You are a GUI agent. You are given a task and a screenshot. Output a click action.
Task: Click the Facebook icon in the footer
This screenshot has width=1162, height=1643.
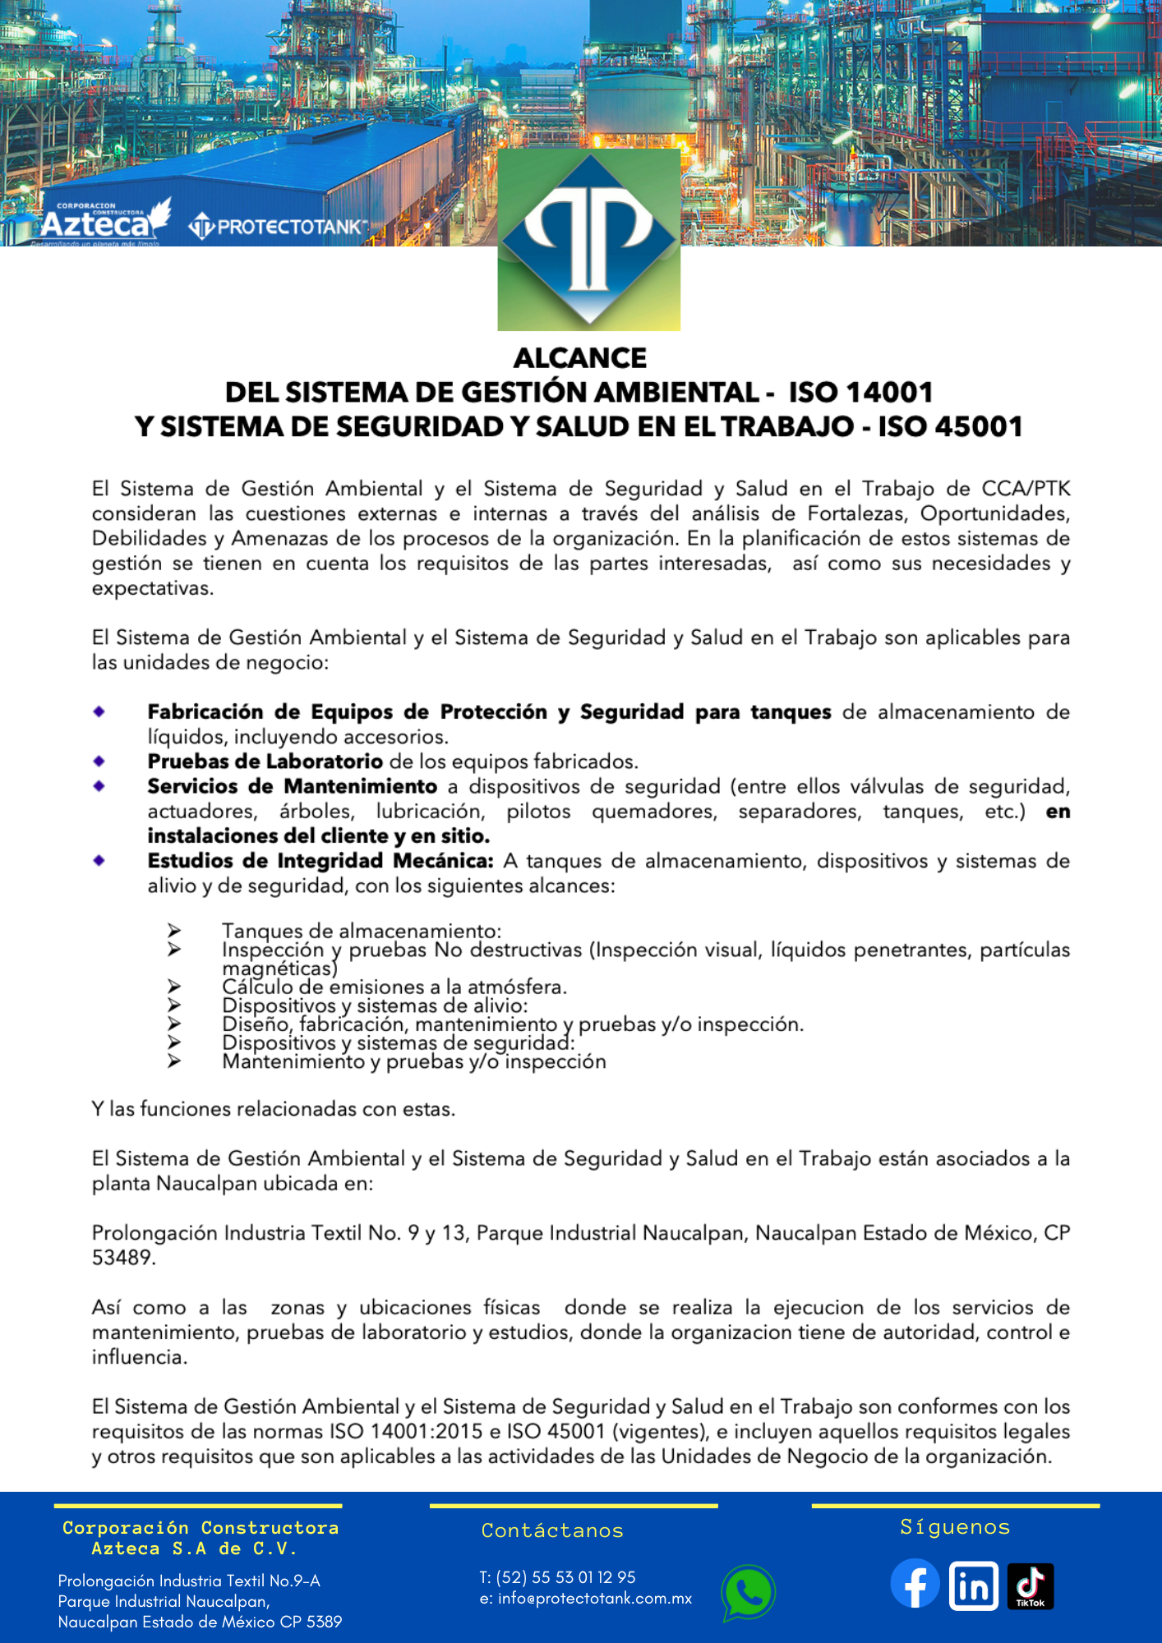click(915, 1584)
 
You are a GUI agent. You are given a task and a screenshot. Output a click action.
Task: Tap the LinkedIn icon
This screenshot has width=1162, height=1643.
click(973, 1585)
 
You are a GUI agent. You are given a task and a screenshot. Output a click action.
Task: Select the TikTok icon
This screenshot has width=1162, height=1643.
click(1031, 1585)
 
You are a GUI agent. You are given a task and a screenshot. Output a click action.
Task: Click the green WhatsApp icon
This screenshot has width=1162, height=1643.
click(748, 1592)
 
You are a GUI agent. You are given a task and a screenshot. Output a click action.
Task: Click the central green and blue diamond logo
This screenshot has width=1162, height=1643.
click(589, 239)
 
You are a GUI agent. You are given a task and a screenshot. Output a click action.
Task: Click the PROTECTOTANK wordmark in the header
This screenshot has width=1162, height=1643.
click(279, 227)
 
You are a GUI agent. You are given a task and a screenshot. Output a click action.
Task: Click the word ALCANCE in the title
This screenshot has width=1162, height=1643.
click(580, 358)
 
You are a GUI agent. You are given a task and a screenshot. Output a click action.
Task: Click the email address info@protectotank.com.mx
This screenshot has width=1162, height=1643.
click(594, 1599)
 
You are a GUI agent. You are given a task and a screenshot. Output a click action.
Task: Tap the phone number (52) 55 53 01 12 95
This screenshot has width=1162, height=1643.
click(566, 1577)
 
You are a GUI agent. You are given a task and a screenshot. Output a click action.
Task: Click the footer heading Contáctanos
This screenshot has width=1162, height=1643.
click(552, 1530)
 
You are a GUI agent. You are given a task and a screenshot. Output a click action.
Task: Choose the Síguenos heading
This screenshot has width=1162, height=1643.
click(955, 1527)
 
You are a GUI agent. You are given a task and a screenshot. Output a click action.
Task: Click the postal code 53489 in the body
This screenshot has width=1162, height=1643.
click(122, 1258)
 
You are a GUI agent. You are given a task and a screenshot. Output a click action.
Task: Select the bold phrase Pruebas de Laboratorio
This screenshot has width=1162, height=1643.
click(265, 762)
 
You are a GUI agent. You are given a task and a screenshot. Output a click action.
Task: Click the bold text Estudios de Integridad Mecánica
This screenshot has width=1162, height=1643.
click(320, 861)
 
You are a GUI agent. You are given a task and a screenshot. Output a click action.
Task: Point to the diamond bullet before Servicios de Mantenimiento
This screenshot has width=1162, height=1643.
click(99, 786)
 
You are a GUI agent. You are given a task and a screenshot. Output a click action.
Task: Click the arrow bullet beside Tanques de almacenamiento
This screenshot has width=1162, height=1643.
click(174, 930)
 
